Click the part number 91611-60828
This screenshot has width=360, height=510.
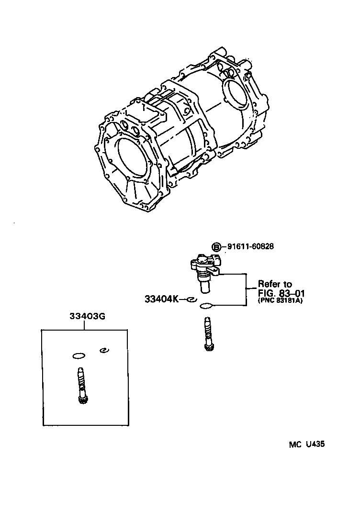pos(250,247)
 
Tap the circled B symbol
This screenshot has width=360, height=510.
pos(216,247)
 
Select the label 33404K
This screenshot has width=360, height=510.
pos(161,299)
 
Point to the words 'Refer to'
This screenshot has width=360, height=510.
pos(275,284)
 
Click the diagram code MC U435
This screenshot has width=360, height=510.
pos(307,444)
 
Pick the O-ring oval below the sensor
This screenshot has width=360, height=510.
pos(206,306)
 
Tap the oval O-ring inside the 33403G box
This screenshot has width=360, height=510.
pos(78,355)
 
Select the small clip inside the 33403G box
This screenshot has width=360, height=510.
pos(103,351)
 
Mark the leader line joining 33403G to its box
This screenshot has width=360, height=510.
pos(84,325)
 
